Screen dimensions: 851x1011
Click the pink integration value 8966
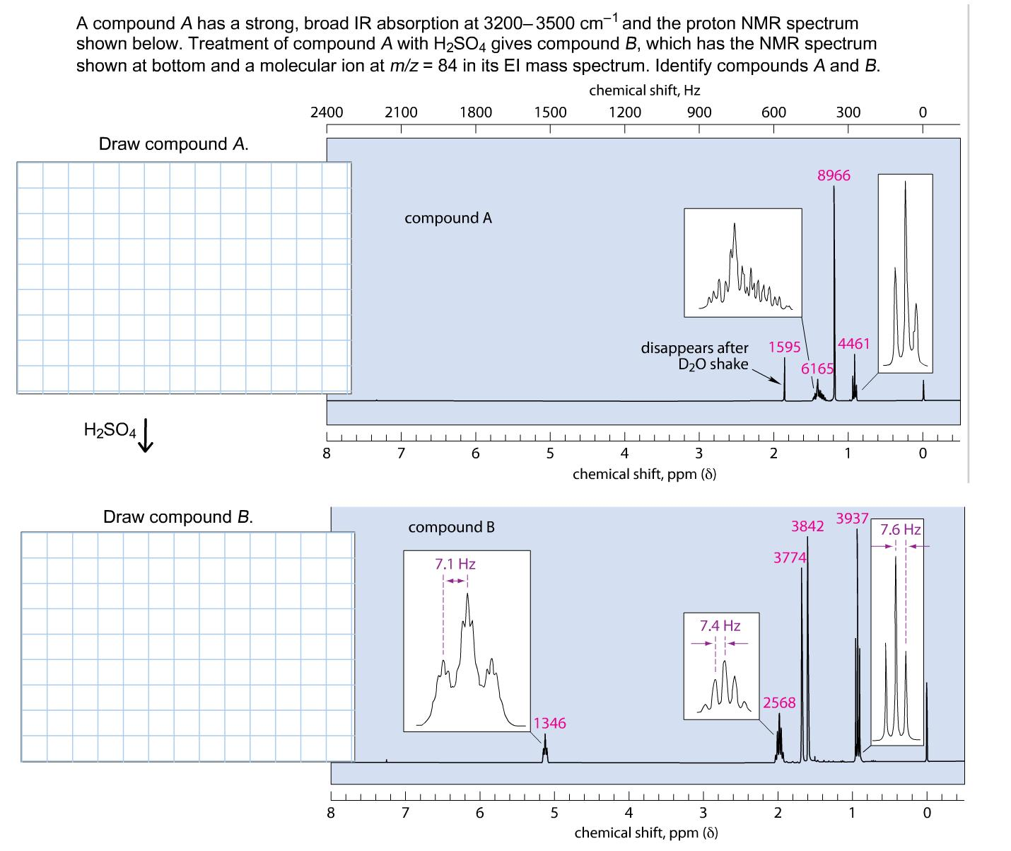tap(834, 175)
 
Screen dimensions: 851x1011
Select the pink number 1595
tap(784, 347)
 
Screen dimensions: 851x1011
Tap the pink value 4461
tap(853, 344)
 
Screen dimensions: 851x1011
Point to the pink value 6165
tap(817, 369)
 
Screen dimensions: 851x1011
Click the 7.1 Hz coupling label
tap(455, 564)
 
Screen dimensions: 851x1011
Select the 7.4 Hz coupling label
tap(720, 625)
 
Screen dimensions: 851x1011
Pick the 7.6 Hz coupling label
tap(901, 529)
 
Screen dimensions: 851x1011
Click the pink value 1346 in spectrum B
tap(549, 723)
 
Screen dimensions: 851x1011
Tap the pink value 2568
tap(779, 702)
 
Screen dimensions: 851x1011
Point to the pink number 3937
tap(852, 518)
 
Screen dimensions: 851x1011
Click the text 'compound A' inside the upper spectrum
tap(448, 218)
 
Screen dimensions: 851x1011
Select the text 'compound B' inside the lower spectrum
tap(451, 527)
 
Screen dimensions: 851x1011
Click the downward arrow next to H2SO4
tap(147, 434)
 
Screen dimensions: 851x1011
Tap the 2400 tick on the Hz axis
tap(327, 112)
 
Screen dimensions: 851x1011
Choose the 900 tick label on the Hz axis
tap(699, 112)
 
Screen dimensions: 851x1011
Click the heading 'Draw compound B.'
tap(178, 516)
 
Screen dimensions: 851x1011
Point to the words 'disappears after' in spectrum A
tap(694, 347)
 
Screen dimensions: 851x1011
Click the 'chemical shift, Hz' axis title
tap(644, 90)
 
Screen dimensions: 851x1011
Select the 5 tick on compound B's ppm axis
tap(554, 812)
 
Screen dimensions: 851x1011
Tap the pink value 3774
tap(790, 557)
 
